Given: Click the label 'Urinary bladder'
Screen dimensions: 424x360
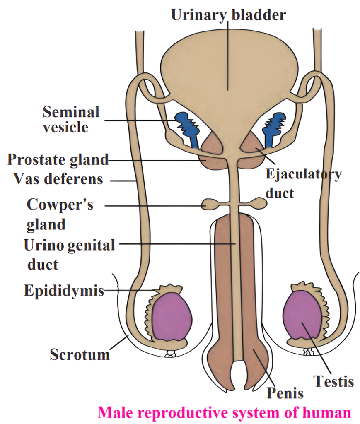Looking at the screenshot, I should (x=228, y=15).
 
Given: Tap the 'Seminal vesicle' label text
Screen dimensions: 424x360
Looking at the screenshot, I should (x=71, y=119).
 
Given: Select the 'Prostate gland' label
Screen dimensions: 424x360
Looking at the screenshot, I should (x=58, y=159).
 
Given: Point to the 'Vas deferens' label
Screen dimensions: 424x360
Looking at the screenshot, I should (x=58, y=179).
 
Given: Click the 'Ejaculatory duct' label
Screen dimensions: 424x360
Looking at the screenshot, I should (x=303, y=183).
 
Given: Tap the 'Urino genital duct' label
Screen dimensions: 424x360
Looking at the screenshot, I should (x=69, y=254).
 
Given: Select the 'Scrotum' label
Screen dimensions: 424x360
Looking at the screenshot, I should (x=80, y=354).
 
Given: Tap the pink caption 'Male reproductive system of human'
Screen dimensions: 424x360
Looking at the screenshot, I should (x=224, y=412).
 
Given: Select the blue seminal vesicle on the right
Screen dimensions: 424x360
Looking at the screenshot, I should (x=274, y=124).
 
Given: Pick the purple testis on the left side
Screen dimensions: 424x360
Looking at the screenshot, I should (x=172, y=316).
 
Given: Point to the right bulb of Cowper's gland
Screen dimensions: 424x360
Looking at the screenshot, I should (x=260, y=203).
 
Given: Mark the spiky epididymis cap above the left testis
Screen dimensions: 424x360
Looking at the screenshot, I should (x=168, y=289).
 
